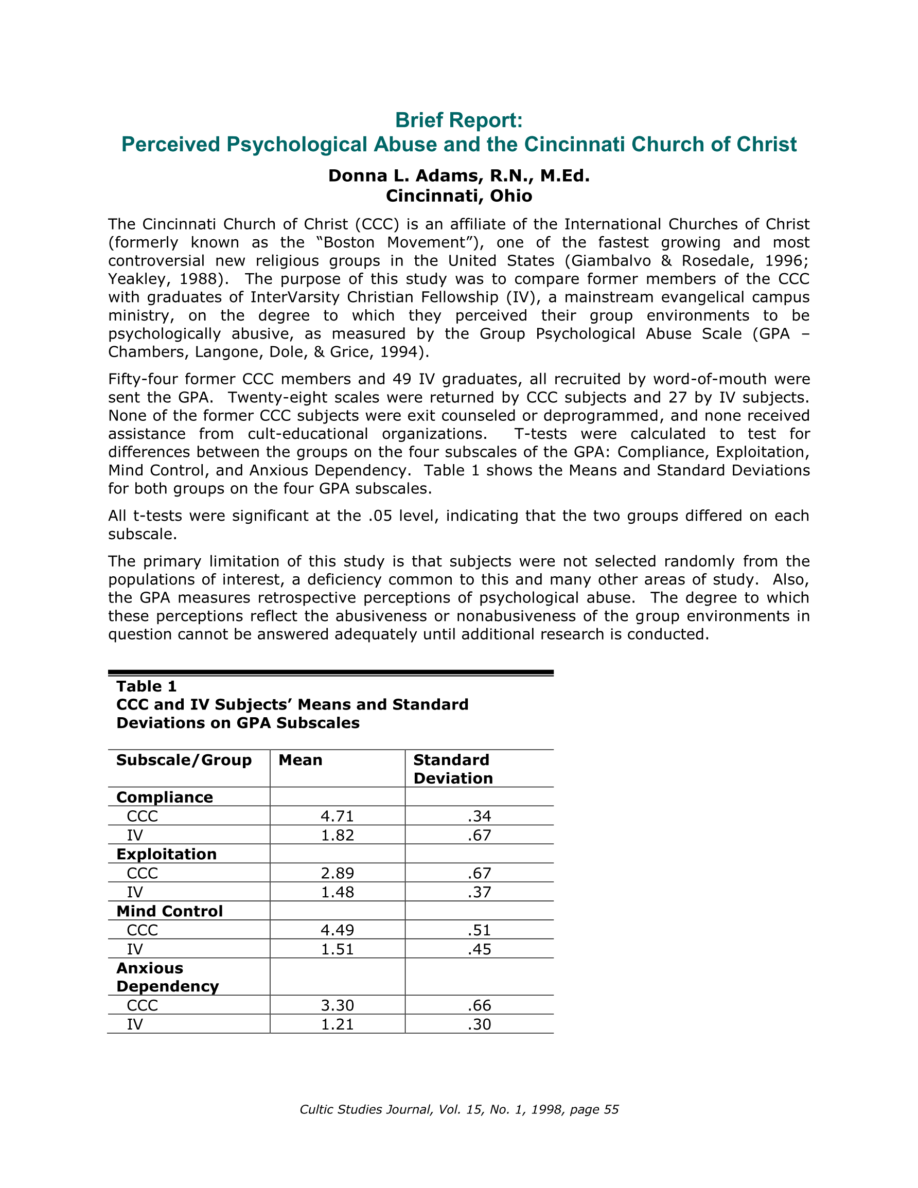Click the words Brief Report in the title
pos(458,120)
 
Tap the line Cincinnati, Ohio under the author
pos(458,196)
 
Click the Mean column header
pos(301,760)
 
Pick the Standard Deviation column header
pos(453,769)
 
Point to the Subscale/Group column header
pos(184,760)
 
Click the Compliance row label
pos(164,797)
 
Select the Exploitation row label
pos(167,854)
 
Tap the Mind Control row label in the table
pos(170,911)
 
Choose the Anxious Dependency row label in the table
pos(168,977)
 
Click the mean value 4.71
pos(338,816)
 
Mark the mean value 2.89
pos(338,873)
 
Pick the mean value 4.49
pos(338,930)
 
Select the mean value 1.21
pos(338,1024)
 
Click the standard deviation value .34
pos(480,816)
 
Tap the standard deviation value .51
pos(480,930)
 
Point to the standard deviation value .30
pos(480,1024)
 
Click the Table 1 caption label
pos(146,686)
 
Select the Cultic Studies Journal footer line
pos(458,1110)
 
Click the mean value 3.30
pos(338,1005)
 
